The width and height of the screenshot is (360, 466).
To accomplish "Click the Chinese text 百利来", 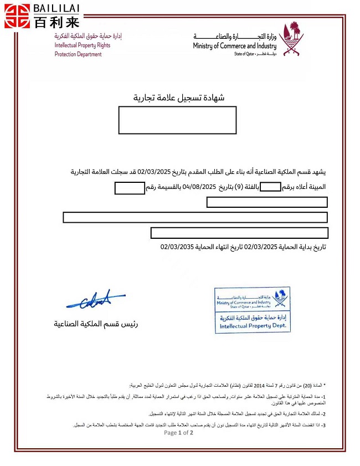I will point(56,22).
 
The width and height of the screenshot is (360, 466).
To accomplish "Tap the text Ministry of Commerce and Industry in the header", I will point(234,46).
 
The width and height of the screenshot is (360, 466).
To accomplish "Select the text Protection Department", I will point(78,54).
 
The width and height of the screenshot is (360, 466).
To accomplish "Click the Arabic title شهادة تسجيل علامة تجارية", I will point(179,98).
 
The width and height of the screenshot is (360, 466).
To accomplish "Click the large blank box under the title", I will point(177,120).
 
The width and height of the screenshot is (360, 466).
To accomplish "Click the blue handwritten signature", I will point(95,300).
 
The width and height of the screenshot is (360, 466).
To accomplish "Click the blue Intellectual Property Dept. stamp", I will point(252,310).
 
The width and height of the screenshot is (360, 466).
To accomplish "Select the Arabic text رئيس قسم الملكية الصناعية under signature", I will point(96,323).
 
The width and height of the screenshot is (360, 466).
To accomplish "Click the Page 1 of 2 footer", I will point(178,433).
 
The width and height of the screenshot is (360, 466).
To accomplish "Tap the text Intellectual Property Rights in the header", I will point(82,45).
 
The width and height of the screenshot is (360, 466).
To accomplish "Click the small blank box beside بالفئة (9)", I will point(270,187).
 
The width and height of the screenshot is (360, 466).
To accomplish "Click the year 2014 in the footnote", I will point(260,385).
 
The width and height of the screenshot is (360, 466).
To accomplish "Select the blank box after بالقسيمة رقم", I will point(130,188).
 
